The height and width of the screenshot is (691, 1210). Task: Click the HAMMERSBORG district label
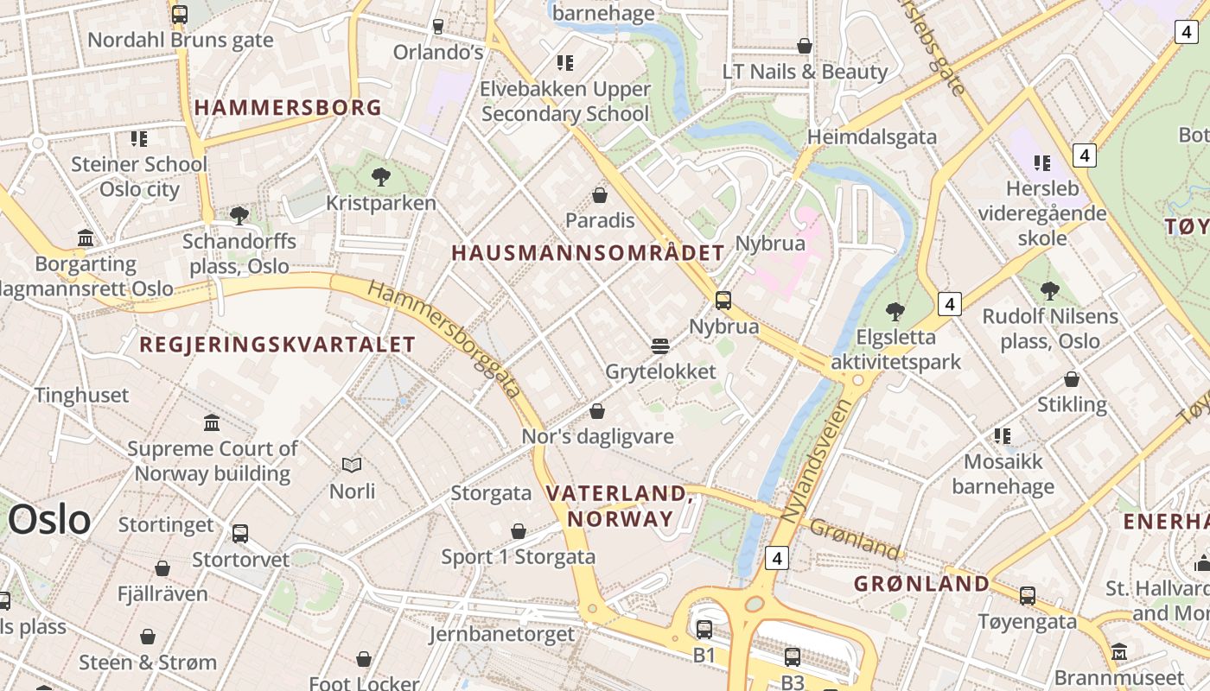[x=288, y=108]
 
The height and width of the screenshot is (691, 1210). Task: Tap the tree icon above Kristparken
[x=380, y=177]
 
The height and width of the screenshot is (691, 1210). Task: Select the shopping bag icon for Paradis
[x=600, y=195]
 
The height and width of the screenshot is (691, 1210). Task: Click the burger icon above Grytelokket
[x=660, y=346]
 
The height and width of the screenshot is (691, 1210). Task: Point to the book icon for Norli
[x=352, y=466]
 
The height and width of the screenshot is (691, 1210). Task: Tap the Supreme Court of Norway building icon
[x=212, y=422]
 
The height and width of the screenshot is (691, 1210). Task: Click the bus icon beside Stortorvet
[x=240, y=534]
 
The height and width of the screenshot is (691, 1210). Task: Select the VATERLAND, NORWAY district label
[x=619, y=505]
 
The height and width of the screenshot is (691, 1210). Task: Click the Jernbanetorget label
[x=501, y=634]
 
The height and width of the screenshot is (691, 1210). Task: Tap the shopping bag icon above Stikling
[x=1072, y=379]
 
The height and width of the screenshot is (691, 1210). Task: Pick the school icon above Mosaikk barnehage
[x=1003, y=435]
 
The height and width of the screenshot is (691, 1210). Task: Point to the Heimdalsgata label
[x=871, y=136]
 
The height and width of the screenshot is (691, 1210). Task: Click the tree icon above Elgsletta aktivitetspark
[x=895, y=311]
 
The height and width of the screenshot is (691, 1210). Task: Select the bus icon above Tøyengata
[x=1028, y=595]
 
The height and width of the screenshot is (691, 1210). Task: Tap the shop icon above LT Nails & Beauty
[x=805, y=46]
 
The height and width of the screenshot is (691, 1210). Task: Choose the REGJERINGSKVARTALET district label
[x=277, y=345]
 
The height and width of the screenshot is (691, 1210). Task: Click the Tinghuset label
[x=81, y=396]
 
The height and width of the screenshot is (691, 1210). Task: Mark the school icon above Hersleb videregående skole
[x=1042, y=162]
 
